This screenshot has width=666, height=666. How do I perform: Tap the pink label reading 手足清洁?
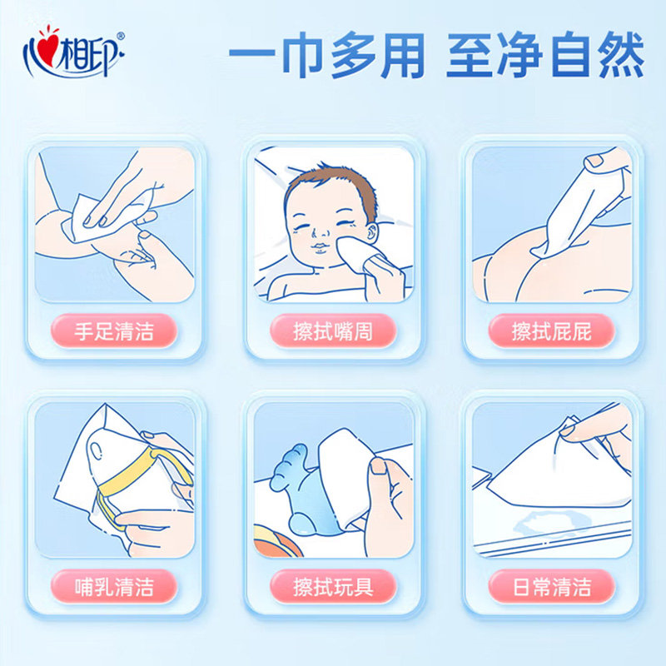click(114, 331)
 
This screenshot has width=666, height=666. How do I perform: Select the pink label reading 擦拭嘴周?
click(333, 331)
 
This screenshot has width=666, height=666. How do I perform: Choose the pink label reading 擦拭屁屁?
click(552, 331)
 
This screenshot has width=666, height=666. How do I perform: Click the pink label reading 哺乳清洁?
click(114, 587)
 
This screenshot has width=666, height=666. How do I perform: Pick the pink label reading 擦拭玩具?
click(333, 587)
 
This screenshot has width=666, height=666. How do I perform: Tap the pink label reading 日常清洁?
click(552, 587)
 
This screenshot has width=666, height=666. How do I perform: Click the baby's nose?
click(320, 232)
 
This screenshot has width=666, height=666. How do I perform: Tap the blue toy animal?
click(300, 489)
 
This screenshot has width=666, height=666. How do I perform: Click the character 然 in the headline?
click(621, 55)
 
